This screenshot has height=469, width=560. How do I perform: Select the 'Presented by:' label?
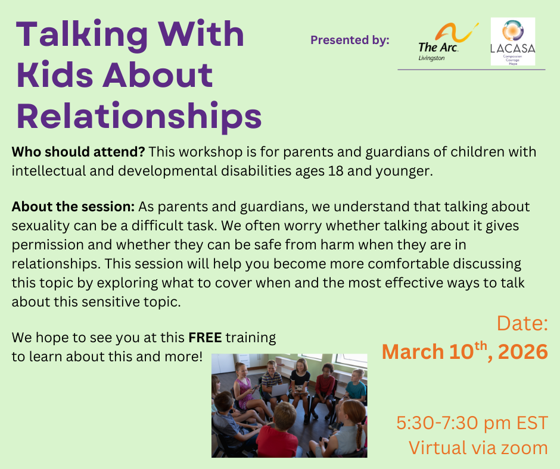350,40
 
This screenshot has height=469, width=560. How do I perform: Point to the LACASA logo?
512,42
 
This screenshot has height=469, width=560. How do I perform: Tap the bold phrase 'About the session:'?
73,207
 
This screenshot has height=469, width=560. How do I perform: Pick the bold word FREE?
205,338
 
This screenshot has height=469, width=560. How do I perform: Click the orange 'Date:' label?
522,324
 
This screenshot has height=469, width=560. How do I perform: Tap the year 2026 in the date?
522,351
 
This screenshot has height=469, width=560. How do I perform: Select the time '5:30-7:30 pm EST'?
472,423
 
